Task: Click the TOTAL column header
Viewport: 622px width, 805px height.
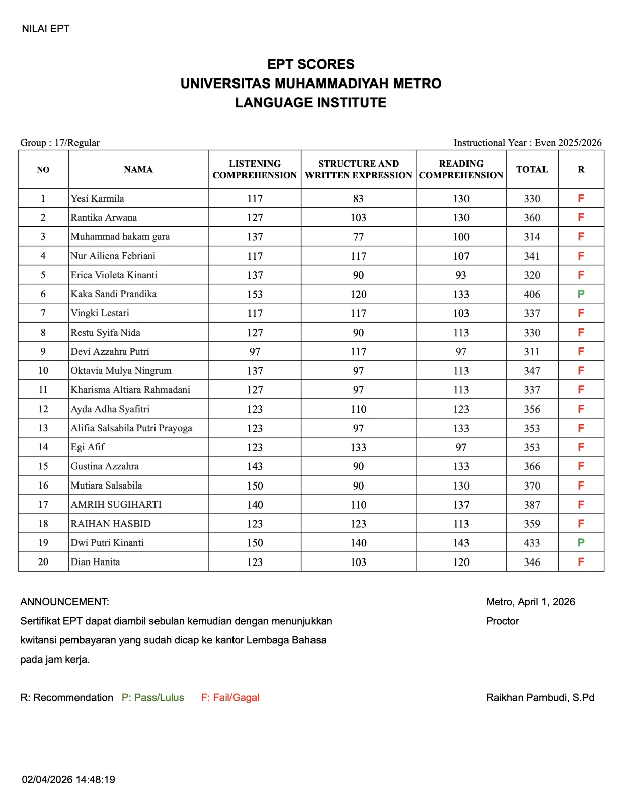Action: (x=532, y=170)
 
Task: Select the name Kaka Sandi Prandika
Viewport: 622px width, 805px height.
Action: (x=114, y=294)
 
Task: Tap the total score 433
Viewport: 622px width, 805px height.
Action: (x=532, y=543)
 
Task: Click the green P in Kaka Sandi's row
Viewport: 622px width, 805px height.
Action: (x=581, y=294)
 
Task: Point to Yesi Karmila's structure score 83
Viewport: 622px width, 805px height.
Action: (x=358, y=199)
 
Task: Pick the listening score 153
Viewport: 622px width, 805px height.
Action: (x=255, y=294)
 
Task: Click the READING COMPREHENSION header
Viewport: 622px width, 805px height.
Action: (x=461, y=170)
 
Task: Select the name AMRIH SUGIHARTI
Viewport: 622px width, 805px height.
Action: (x=116, y=505)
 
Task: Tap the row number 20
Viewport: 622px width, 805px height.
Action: (x=43, y=562)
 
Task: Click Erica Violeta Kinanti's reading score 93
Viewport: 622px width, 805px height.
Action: (x=461, y=275)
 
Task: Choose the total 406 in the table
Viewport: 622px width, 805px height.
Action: (x=532, y=294)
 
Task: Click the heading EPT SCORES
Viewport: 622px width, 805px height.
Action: (x=310, y=64)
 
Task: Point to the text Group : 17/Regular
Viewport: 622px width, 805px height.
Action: (x=60, y=143)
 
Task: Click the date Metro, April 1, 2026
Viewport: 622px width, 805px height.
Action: (x=530, y=602)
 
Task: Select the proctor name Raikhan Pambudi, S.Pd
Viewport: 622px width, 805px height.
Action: (x=540, y=697)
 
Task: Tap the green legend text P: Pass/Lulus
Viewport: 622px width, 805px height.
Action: (x=153, y=697)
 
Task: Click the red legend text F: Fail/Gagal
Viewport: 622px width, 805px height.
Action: (x=230, y=697)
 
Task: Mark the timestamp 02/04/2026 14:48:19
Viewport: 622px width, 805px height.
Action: (x=68, y=779)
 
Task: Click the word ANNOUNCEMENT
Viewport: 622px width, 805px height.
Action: (x=64, y=602)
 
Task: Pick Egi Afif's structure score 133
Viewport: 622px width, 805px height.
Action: (x=358, y=447)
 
